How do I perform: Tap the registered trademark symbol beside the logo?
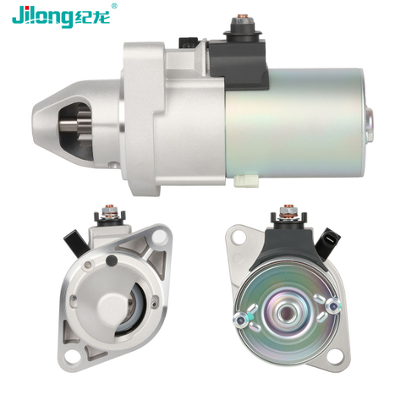(114, 6)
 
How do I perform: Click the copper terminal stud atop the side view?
(242, 17)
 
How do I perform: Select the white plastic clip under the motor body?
(246, 181)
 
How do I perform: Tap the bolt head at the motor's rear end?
(370, 124)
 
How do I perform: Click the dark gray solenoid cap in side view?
(239, 63)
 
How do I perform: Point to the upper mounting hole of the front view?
(159, 237)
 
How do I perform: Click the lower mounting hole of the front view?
(72, 358)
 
